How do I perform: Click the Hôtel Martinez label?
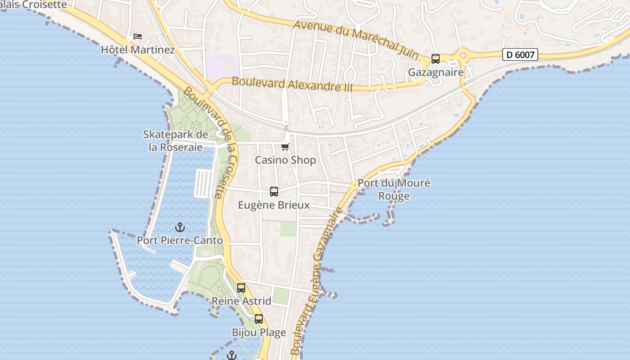click(x=138, y=49)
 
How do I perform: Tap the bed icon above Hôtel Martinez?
click(x=138, y=36)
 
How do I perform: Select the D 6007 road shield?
click(x=520, y=55)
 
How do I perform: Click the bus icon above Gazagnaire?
click(x=435, y=59)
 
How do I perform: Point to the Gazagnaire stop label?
click(x=435, y=72)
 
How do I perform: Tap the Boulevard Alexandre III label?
click(x=292, y=84)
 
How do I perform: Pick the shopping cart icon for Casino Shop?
click(x=285, y=147)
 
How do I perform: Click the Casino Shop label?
click(x=285, y=160)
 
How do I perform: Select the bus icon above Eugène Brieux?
click(x=274, y=192)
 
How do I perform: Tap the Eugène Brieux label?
click(x=274, y=205)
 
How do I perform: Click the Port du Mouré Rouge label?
click(x=394, y=189)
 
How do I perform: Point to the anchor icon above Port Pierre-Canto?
click(x=180, y=227)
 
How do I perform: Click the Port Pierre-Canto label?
click(x=180, y=241)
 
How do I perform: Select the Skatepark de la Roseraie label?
click(x=175, y=141)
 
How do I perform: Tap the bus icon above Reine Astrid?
click(x=241, y=288)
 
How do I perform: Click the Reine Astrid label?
click(x=241, y=301)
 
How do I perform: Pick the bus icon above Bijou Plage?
click(x=259, y=319)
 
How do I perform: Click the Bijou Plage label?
click(x=259, y=333)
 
